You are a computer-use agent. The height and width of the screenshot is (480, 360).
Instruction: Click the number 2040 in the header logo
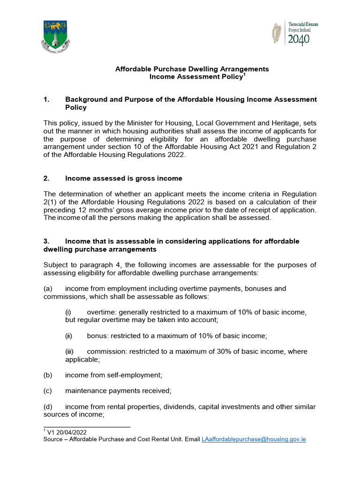pyautogui.click(x=299, y=40)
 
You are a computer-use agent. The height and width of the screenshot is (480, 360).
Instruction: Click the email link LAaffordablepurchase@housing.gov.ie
pyautogui.click(x=254, y=440)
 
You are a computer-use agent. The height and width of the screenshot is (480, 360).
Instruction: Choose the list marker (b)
pyautogui.click(x=48, y=375)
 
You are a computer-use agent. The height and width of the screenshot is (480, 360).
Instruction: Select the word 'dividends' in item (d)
pyautogui.click(x=180, y=406)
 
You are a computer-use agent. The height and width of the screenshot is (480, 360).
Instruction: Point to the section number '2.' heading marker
pyautogui.click(x=46, y=178)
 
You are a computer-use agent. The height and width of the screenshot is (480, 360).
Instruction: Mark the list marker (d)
pyautogui.click(x=48, y=406)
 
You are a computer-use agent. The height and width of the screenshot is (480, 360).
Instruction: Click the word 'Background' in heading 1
pyautogui.click(x=85, y=99)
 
